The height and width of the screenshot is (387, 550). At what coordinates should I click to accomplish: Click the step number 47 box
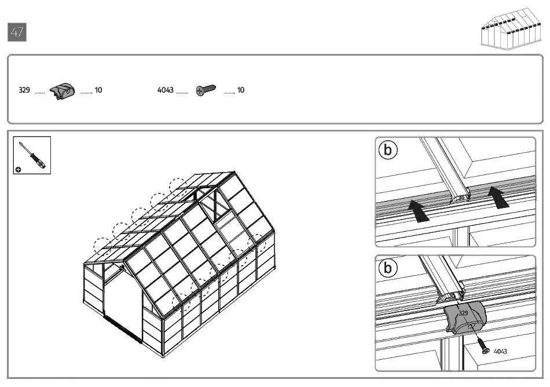click(x=17, y=32)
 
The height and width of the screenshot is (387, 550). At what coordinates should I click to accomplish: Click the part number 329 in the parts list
click(x=24, y=90)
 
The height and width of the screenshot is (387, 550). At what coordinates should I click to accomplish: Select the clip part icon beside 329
click(x=62, y=91)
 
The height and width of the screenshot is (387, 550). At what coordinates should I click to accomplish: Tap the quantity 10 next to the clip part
click(x=98, y=90)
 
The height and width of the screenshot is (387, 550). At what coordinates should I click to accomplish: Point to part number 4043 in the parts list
click(x=165, y=90)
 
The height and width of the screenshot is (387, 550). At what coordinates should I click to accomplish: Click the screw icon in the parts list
click(x=206, y=90)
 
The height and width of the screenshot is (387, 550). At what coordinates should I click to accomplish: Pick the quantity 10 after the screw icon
click(x=241, y=90)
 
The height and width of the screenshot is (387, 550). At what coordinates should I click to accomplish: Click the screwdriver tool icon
click(x=32, y=155)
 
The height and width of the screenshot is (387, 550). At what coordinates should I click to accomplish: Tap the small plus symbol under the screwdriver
click(x=18, y=170)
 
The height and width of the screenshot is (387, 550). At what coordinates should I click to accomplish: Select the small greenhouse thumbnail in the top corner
click(x=511, y=29)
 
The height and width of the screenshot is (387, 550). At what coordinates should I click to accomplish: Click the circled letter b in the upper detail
click(x=388, y=150)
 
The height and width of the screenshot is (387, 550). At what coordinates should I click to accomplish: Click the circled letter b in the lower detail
click(x=388, y=268)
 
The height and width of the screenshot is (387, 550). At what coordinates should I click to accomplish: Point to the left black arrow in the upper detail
click(x=418, y=210)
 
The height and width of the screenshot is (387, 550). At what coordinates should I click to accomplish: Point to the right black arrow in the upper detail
click(x=498, y=197)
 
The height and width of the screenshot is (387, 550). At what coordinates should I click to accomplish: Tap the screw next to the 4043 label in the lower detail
click(x=483, y=345)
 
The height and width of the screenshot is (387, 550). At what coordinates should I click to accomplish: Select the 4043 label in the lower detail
click(x=500, y=351)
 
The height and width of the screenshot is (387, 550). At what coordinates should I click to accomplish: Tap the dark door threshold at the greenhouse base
click(x=123, y=328)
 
